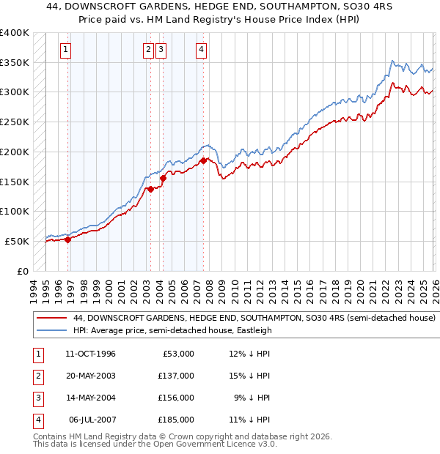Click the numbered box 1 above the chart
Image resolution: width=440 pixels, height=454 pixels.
(65, 50)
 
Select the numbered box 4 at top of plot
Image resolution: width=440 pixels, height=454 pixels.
(200, 50)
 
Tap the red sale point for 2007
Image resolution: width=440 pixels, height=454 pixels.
(203, 160)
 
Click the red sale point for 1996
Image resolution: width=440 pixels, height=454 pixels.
(67, 239)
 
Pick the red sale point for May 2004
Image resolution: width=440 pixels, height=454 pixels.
(163, 177)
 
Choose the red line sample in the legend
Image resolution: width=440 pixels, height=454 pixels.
(51, 319)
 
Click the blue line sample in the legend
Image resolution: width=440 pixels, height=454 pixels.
(51, 330)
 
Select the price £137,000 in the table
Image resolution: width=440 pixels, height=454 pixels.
(176, 376)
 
